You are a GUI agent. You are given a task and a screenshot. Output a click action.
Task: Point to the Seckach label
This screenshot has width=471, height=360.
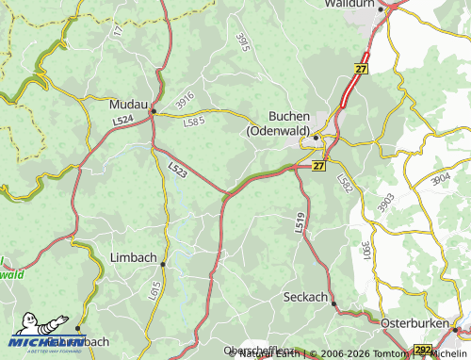(x=305, y=297)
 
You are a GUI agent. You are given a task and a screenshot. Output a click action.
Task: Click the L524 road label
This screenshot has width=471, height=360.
(x=122, y=121)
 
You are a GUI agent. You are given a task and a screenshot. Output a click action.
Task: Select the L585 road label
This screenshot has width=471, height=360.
(x=193, y=122)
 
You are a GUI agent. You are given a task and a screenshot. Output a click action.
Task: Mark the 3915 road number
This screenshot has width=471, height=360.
(x=242, y=42)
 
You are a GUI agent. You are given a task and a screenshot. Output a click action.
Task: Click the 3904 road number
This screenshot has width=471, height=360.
(x=441, y=179)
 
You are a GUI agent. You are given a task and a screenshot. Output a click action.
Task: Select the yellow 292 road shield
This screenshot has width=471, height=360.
(x=423, y=351)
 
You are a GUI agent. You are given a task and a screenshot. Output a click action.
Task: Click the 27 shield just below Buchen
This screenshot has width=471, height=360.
(x=318, y=166)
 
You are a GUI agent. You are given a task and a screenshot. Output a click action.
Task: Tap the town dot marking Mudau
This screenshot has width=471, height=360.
(x=153, y=112)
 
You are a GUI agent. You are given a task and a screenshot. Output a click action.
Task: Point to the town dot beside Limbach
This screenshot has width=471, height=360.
(x=162, y=265)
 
